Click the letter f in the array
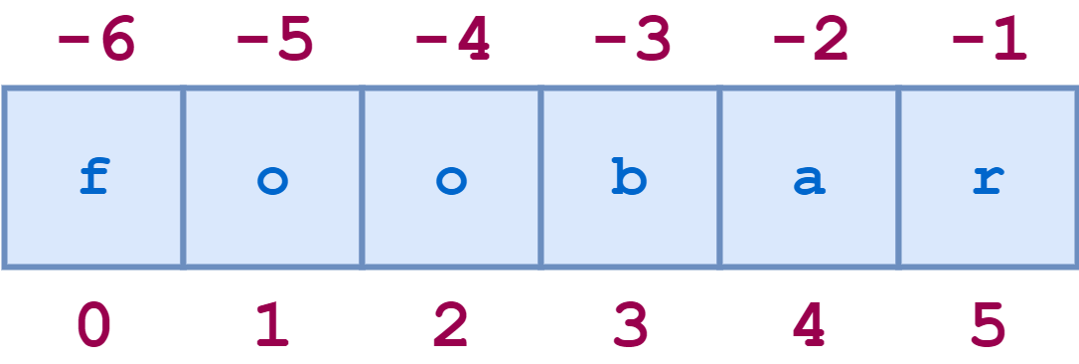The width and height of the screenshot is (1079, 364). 93,179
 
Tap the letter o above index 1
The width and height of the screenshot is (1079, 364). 272,182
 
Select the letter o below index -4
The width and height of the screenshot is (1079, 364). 451,182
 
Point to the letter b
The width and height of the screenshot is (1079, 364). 630,179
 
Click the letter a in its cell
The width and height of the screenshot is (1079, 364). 809,182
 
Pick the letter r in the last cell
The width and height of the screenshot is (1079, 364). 989,182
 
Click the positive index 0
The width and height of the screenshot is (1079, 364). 93,325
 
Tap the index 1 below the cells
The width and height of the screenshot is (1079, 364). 272,325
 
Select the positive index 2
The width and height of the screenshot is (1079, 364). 451,325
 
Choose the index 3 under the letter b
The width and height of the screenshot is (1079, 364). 630,325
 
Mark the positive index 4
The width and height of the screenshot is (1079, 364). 809,325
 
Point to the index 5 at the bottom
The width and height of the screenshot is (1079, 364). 989,325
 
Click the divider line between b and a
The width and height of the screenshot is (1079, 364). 719,177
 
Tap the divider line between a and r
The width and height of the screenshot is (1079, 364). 898,177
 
